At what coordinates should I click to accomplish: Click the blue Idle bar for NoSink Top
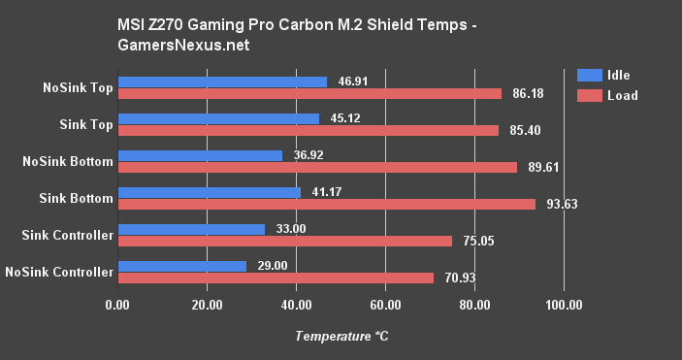pos(221,82)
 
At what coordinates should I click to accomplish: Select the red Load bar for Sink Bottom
pos(326,204)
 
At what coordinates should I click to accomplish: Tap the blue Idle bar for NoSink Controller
pos(181,266)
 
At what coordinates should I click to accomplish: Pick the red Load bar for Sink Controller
pos(284,241)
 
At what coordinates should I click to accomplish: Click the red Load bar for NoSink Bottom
pos(317,167)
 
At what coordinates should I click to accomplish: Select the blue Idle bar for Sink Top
pos(217,118)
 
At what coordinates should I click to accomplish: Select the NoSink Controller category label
pos(58,272)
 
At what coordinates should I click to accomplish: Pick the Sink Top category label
pos(85,124)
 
